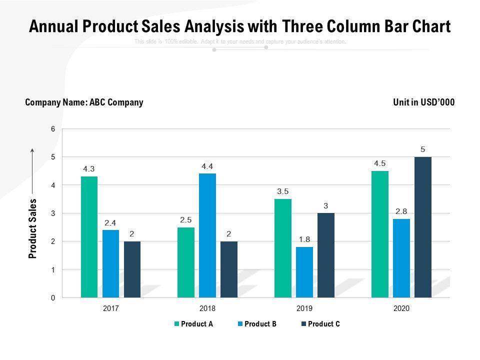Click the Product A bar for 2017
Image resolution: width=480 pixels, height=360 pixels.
tap(89, 237)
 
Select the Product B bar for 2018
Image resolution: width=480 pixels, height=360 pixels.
tap(207, 235)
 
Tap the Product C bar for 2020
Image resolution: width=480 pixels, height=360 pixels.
tap(422, 227)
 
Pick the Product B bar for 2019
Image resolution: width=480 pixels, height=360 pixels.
tap(304, 272)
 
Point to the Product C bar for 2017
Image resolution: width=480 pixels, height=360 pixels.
tap(132, 269)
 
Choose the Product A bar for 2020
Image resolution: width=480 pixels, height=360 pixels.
tap(379, 234)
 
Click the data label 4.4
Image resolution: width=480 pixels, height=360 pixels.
tap(207, 166)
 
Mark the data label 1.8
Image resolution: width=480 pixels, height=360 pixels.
tap(304, 239)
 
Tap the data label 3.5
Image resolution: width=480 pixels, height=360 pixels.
tap(283, 191)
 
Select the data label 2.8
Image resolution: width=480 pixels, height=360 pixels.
tap(401, 211)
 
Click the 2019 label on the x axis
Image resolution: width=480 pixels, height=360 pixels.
tap(304, 308)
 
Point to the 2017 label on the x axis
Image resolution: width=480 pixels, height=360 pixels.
tap(110, 308)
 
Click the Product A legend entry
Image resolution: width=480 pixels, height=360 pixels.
tap(193, 324)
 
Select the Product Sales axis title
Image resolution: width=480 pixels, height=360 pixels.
tap(33, 228)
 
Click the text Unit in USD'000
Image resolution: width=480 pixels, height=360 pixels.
tap(424, 102)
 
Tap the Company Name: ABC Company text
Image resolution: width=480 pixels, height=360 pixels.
tap(84, 102)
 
